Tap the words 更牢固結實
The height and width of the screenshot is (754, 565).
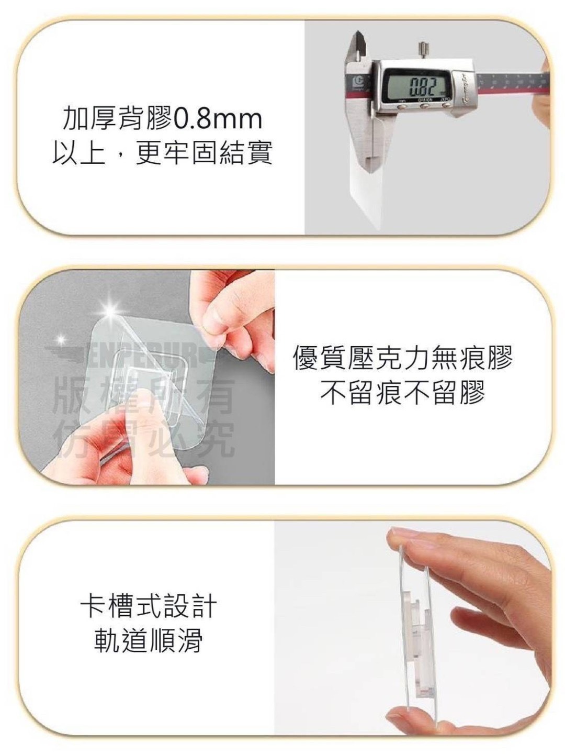point(204,153)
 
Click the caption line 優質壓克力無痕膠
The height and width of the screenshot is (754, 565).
point(403,358)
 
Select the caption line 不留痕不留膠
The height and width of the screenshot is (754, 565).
point(403,392)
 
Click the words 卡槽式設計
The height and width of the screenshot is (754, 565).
point(149,606)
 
